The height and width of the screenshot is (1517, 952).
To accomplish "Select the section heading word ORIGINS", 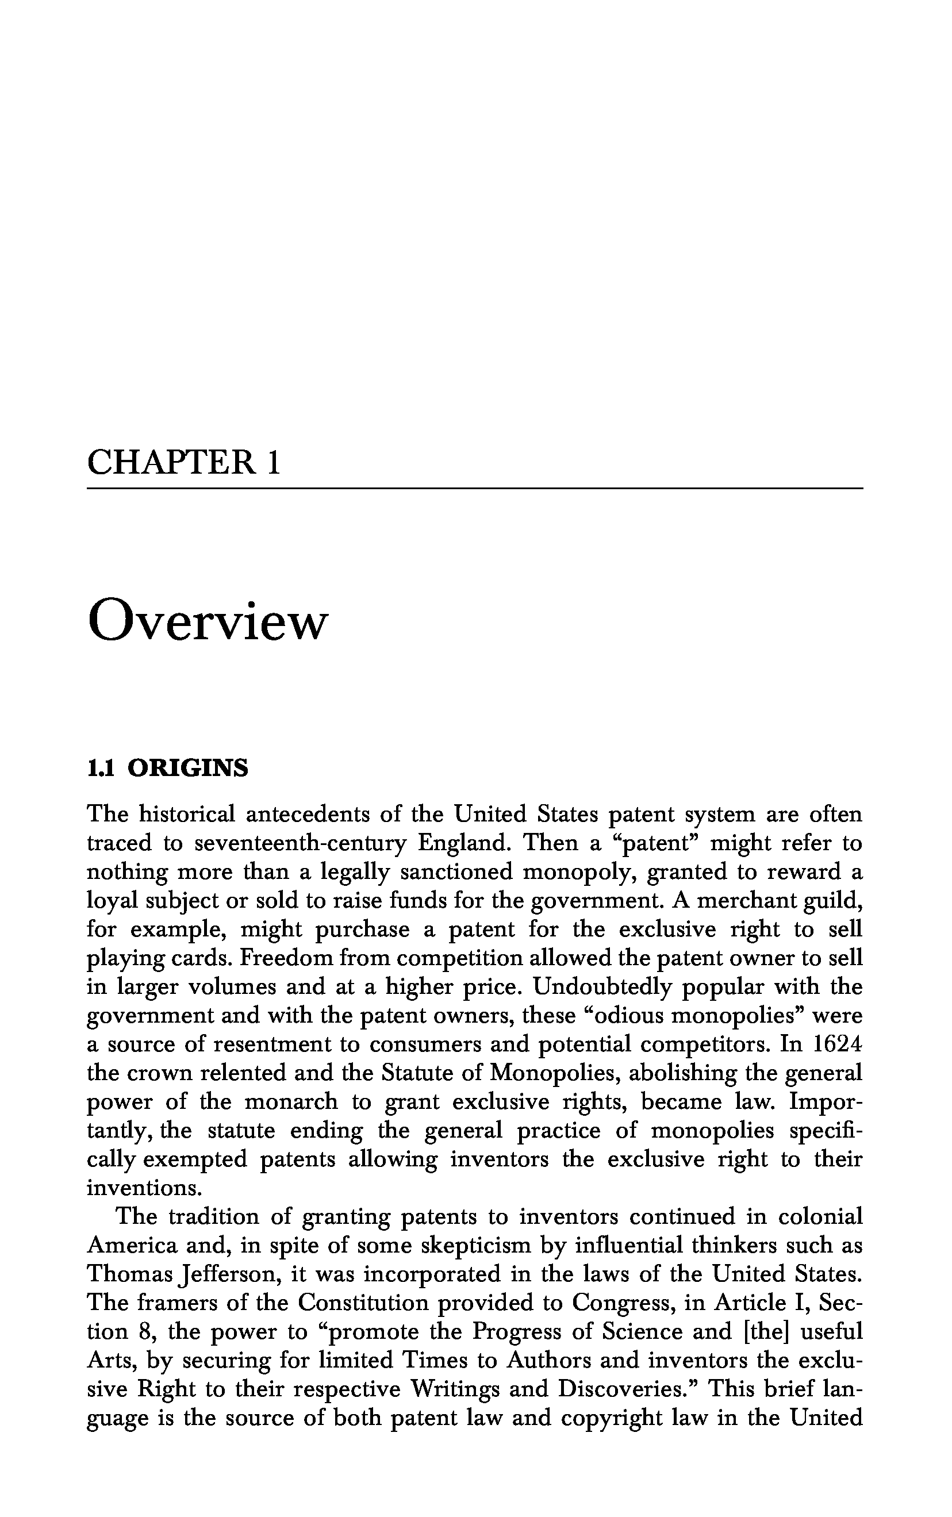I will (x=187, y=769).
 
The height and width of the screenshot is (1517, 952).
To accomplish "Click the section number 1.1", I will (x=100, y=769).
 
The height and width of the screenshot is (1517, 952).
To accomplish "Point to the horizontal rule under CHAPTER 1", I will (x=475, y=489).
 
